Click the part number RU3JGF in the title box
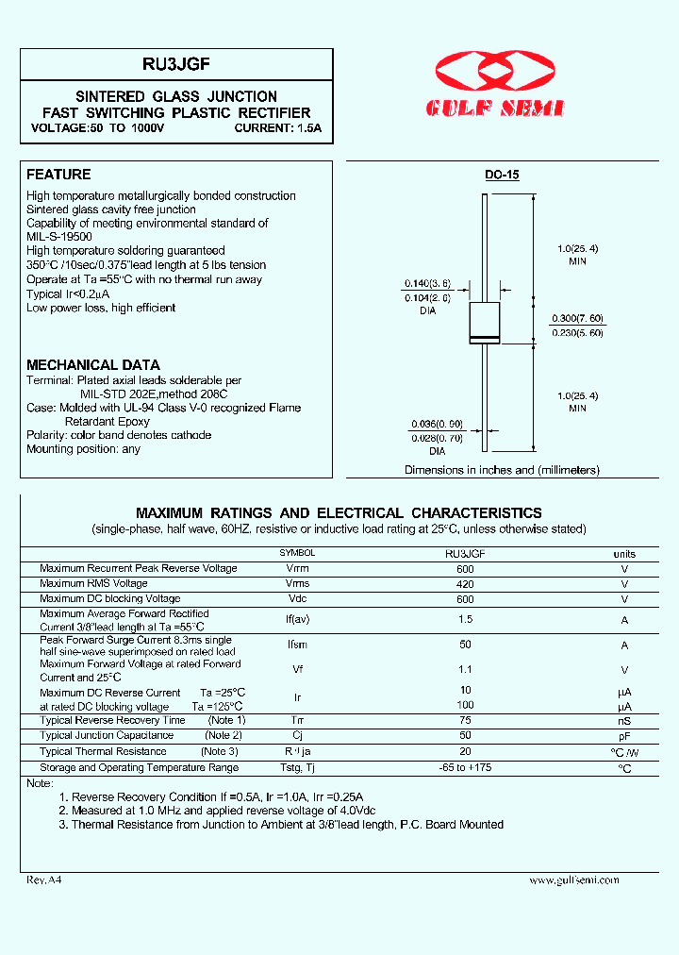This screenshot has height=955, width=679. coord(176,64)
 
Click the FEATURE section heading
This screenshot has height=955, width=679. coord(58,175)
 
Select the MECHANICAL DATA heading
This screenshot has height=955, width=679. coord(92,365)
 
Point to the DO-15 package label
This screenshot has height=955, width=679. coord(502,176)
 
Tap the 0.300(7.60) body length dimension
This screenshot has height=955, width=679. coord(577,319)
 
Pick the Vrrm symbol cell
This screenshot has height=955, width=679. coord(297,569)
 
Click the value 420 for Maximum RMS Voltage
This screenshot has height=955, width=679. coord(465,584)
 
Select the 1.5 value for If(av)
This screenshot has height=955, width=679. coord(465,620)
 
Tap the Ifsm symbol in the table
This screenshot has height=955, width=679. coord(297,645)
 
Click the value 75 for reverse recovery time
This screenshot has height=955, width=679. coord(465,721)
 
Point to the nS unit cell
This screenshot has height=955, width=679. coord(624,721)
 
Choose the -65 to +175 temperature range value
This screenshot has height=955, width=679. coord(465,768)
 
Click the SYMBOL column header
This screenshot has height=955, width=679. coord(297,554)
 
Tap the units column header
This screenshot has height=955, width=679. coord(624,554)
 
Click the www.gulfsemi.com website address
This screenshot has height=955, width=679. coord(573,880)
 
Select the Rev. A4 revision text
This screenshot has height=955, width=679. coord(43,879)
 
